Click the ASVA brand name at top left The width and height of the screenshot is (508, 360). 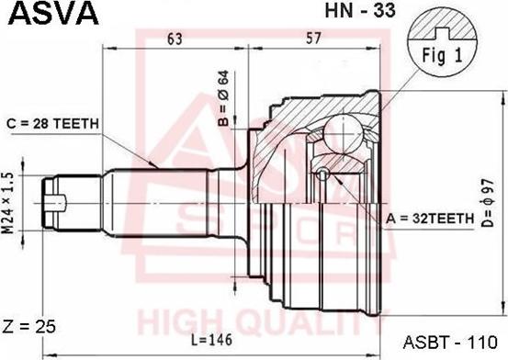pyautogui.click(x=53, y=13)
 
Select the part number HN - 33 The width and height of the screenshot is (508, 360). pyautogui.click(x=360, y=10)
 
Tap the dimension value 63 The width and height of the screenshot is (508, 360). pyautogui.click(x=175, y=39)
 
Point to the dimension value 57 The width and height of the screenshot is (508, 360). pyautogui.click(x=313, y=39)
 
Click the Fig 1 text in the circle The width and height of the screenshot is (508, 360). pyautogui.click(x=442, y=55)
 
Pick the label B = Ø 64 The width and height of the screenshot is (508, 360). pyautogui.click(x=223, y=98)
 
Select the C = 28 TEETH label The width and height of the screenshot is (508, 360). pyautogui.click(x=52, y=123)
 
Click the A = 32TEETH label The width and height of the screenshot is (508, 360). pyautogui.click(x=430, y=219)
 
